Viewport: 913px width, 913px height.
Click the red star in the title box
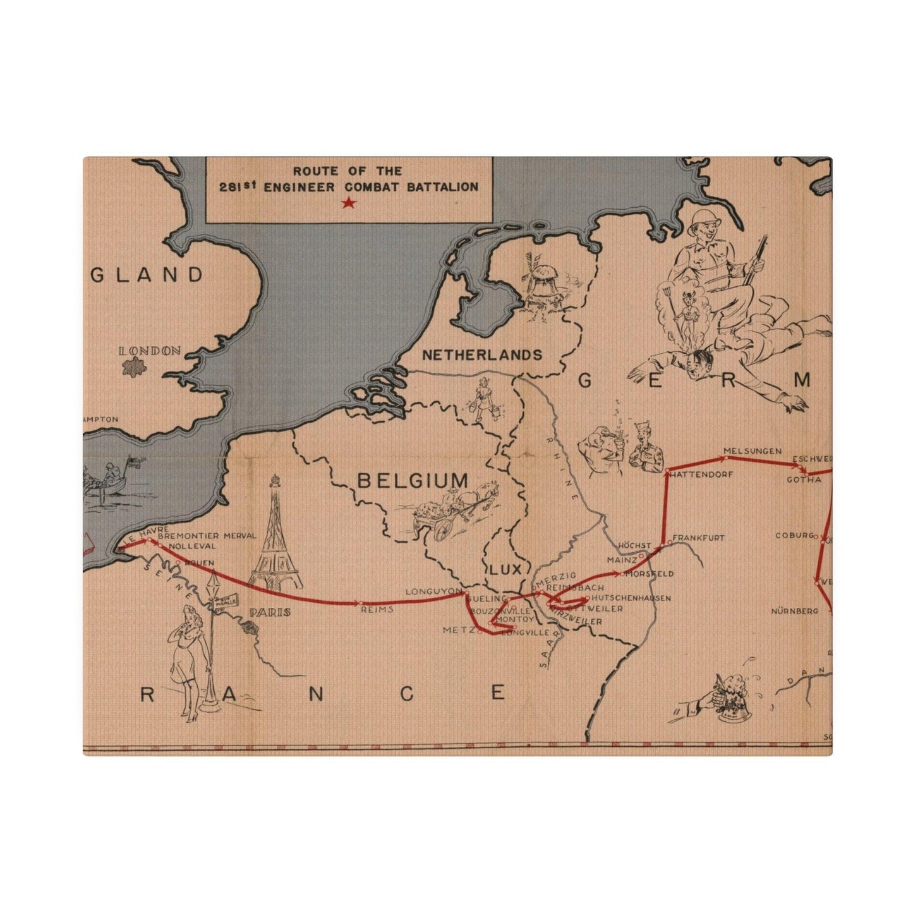349,203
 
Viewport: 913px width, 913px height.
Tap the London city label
150,351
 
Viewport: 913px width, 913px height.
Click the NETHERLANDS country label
481,355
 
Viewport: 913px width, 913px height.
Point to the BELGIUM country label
413,481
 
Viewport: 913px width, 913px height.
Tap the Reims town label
377,610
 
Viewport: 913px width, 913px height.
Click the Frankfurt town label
698,538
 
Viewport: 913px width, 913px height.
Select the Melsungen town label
753,451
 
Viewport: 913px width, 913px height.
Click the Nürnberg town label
794,611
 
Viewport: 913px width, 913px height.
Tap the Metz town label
458,630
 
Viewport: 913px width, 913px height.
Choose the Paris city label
270,612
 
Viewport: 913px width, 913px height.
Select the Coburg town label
794,536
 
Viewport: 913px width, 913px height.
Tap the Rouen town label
198,562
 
